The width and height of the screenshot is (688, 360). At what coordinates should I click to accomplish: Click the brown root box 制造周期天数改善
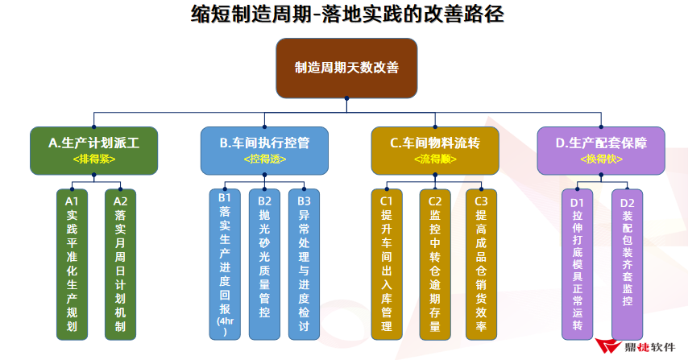[x=346, y=68]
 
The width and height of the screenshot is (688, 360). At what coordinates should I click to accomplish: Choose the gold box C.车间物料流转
[x=434, y=150]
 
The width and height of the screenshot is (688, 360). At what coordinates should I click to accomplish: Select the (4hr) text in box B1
[x=224, y=325]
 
